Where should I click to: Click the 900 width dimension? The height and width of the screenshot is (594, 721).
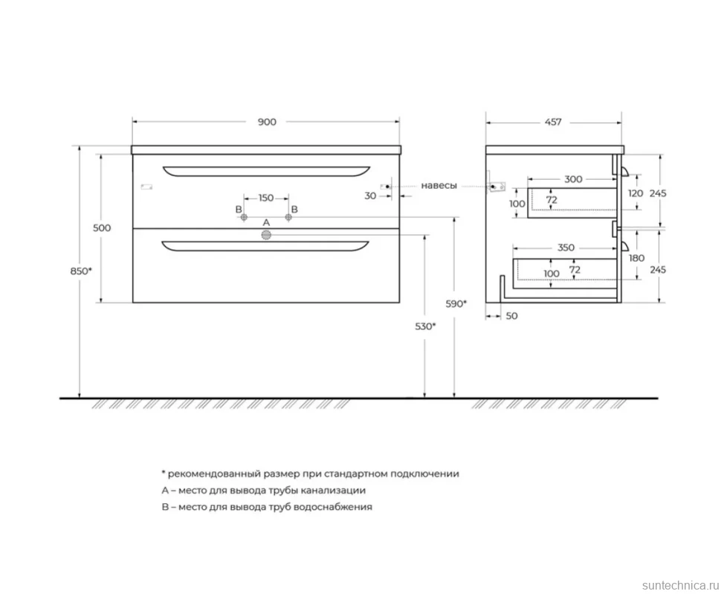pyautogui.click(x=267, y=122)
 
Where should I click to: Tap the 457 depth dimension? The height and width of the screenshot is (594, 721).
pyautogui.click(x=553, y=122)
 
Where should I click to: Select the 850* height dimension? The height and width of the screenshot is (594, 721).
pyautogui.click(x=81, y=271)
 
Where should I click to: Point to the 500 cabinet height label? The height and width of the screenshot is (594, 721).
pyautogui.click(x=102, y=227)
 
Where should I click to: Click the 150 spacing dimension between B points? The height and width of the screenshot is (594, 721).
pyautogui.click(x=266, y=198)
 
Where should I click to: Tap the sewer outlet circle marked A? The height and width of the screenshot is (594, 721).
pyautogui.click(x=266, y=236)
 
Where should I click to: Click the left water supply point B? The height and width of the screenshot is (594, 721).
pyautogui.click(x=244, y=217)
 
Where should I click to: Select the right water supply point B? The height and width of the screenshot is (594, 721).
pyautogui.click(x=288, y=217)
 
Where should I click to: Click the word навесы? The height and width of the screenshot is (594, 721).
pyautogui.click(x=439, y=186)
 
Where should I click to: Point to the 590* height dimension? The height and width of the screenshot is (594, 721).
pyautogui.click(x=456, y=303)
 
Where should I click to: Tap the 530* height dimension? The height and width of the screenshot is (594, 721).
pyautogui.click(x=425, y=326)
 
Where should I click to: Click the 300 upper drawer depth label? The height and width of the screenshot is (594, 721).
pyautogui.click(x=573, y=179)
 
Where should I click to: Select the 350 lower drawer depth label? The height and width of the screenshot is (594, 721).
pyautogui.click(x=566, y=248)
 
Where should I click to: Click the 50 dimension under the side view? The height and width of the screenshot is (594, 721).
pyautogui.click(x=511, y=316)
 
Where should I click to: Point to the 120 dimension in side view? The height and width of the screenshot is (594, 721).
pyautogui.click(x=636, y=193)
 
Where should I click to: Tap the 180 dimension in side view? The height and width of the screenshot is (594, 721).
pyautogui.click(x=636, y=258)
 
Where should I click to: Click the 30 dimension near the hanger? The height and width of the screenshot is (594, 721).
pyautogui.click(x=370, y=196)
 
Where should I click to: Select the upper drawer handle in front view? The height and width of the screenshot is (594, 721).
pyautogui.click(x=266, y=171)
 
